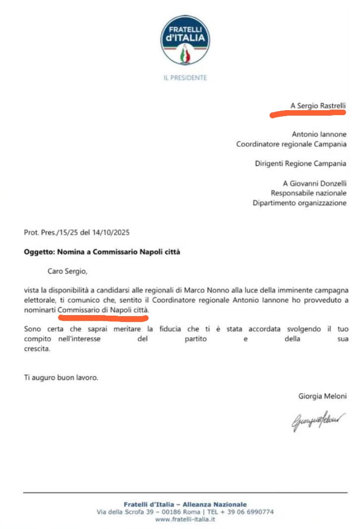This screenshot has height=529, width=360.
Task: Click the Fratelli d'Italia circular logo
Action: [x=185, y=40]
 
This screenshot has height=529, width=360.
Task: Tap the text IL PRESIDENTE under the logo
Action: [x=185, y=77]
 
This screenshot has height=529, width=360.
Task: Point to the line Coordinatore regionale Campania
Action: [x=291, y=144]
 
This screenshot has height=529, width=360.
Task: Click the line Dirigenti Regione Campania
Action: [x=300, y=164]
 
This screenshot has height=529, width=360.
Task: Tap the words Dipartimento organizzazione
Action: [x=300, y=203]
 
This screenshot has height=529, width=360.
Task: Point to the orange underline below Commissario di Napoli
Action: [x=102, y=314]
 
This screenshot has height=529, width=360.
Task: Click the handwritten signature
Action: [x=318, y=422]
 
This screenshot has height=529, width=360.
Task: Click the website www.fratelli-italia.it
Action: [x=185, y=519]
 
